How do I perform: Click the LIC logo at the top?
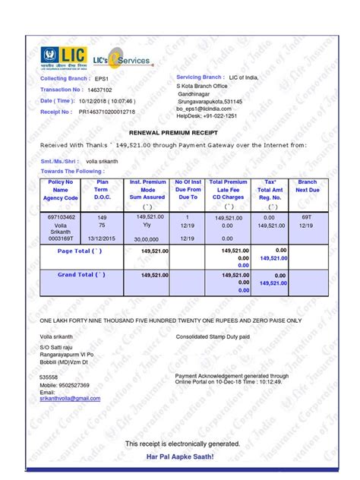(64, 56)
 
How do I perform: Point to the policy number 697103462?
(61, 217)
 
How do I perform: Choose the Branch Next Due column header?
(307, 186)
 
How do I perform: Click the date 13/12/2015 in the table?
(102, 238)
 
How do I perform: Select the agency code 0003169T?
(61, 238)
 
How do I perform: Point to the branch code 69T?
(307, 217)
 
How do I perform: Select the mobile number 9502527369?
(73, 385)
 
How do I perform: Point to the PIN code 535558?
(49, 377)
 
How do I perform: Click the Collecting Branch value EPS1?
(102, 78)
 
